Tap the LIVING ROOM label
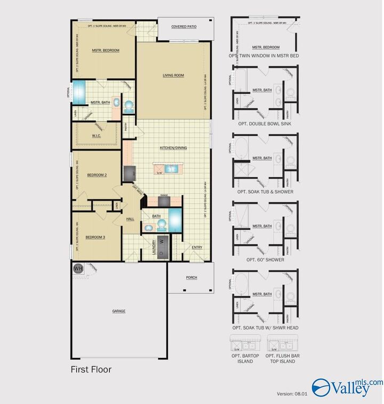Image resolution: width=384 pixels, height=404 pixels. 173,76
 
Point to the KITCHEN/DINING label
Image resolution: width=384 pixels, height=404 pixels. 174,147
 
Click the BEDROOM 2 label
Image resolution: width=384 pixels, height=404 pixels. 98,175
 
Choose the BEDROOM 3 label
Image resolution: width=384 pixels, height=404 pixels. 96,237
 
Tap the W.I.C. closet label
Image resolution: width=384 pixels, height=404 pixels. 97,136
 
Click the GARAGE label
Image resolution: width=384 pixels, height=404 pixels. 118,311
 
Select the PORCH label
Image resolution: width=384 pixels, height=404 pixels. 191,277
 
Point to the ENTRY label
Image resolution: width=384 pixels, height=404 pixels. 197,247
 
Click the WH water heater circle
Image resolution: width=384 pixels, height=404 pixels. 78,268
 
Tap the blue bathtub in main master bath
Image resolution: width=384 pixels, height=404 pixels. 79,92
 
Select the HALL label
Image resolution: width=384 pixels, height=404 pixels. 130,219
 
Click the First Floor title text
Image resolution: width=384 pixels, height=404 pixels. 91,369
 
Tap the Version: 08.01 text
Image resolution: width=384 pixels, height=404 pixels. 291,394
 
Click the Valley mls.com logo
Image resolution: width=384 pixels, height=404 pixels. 347,387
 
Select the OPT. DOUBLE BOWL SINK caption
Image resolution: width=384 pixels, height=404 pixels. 265,123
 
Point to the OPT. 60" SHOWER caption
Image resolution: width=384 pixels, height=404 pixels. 265,260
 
